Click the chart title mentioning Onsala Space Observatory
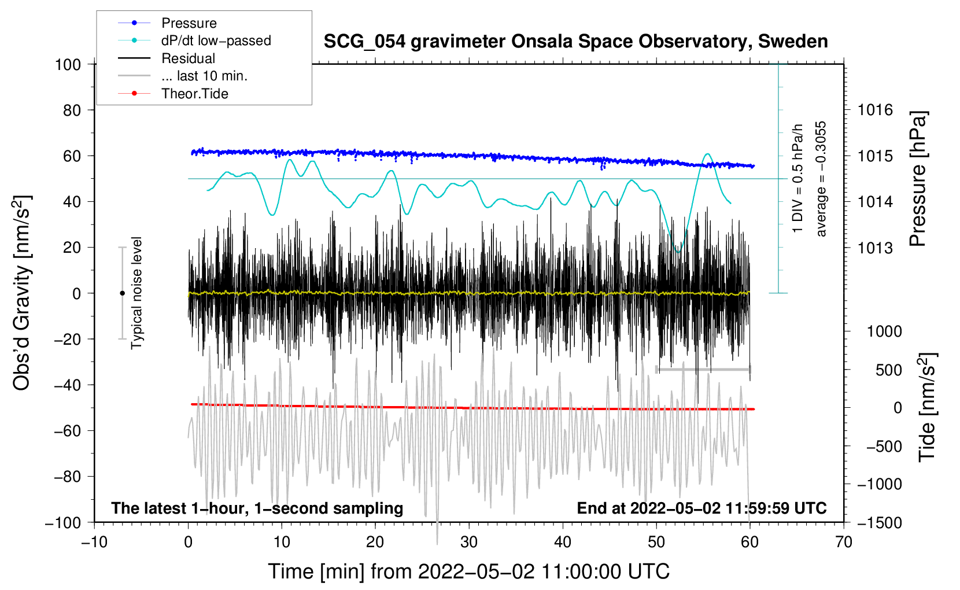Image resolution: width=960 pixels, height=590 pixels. click(575, 42)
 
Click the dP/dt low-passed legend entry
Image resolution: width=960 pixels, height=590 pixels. click(216, 40)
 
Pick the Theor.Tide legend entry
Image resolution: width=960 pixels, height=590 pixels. click(194, 94)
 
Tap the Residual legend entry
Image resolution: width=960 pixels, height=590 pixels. click(188, 58)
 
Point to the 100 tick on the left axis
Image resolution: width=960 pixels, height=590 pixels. click(68, 64)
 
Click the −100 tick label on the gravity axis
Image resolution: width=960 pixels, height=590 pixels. click(64, 522)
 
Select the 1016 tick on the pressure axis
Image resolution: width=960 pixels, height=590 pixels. click(875, 110)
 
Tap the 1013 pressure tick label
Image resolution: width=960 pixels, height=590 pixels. click(875, 248)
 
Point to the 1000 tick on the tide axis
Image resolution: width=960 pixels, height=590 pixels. click(884, 331)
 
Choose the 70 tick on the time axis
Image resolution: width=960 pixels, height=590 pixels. click(844, 542)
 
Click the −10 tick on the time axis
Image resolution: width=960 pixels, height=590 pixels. click(94, 542)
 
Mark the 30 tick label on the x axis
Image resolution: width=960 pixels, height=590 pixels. click(469, 542)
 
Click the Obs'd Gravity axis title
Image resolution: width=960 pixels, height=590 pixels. click(22, 293)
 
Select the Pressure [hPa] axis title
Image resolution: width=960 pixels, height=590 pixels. click(918, 179)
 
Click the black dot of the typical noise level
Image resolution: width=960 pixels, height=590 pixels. click(122, 293)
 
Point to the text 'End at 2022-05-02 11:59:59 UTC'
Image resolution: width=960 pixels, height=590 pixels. click(701, 508)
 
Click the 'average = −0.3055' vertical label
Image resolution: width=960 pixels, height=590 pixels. click(821, 179)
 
